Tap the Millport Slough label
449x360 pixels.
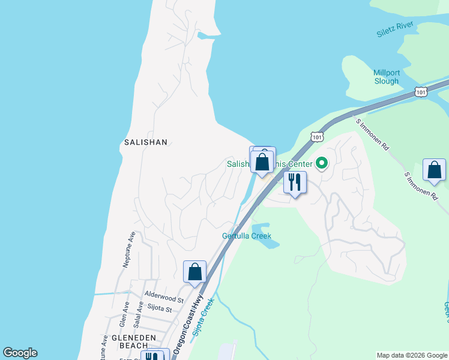[x=386, y=77]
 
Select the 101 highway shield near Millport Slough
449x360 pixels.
[x=421, y=92]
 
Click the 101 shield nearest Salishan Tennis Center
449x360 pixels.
[x=317, y=137]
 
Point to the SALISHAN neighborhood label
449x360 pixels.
[x=145, y=142]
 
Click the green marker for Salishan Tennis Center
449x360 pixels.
[x=322, y=163]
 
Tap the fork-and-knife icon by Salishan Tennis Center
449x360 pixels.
[x=295, y=182]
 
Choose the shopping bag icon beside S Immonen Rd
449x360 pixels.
[x=434, y=170]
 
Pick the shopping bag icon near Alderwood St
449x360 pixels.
[x=195, y=272]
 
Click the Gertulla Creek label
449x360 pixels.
[x=246, y=236]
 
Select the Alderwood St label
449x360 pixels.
[x=164, y=298]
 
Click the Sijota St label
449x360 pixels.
[x=160, y=309]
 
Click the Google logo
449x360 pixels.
[x=20, y=353]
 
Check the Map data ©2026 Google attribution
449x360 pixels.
[x=411, y=355]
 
